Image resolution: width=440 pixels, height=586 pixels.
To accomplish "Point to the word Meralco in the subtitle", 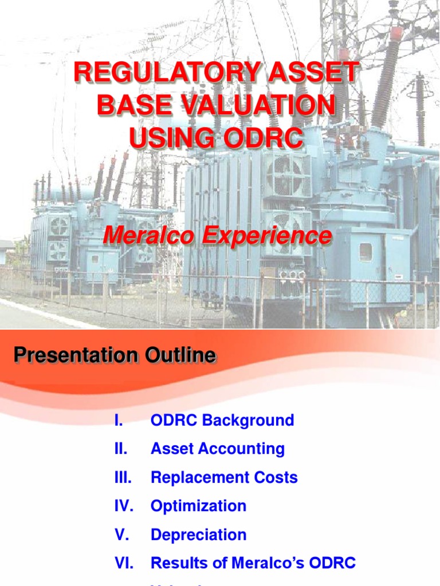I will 145,236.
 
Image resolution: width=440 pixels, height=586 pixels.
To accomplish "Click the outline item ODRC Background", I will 222,421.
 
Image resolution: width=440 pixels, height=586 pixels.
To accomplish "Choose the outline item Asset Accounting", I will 218,449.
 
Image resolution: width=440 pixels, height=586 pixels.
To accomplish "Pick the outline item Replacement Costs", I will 224,478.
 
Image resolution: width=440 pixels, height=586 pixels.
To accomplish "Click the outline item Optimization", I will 198,506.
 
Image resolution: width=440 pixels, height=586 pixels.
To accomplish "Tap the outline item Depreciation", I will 198,535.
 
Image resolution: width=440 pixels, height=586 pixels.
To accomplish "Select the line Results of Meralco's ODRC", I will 253,563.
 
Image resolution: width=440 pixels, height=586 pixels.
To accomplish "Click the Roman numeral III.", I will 123,478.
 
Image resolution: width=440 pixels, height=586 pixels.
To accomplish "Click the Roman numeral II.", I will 120,449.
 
